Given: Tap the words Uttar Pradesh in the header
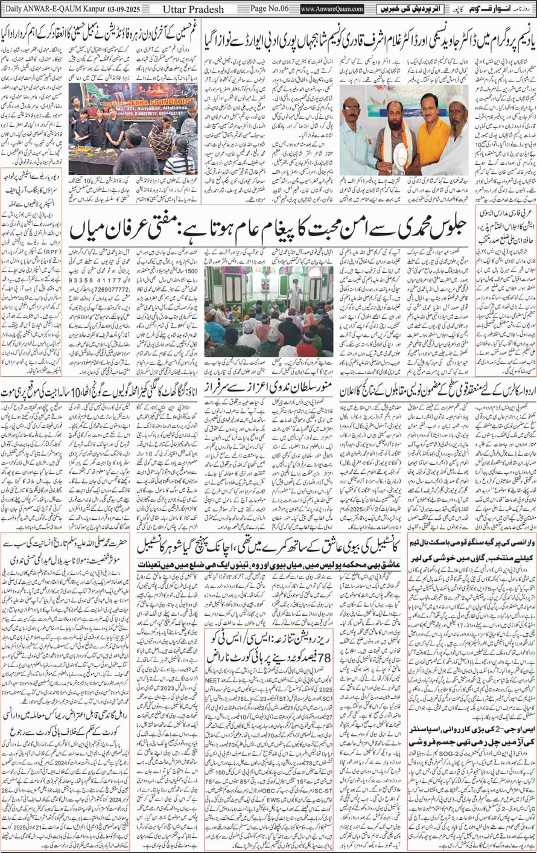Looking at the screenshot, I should [194, 9].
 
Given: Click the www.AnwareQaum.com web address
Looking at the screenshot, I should [332, 9].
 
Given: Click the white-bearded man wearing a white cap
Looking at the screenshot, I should [457, 139].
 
